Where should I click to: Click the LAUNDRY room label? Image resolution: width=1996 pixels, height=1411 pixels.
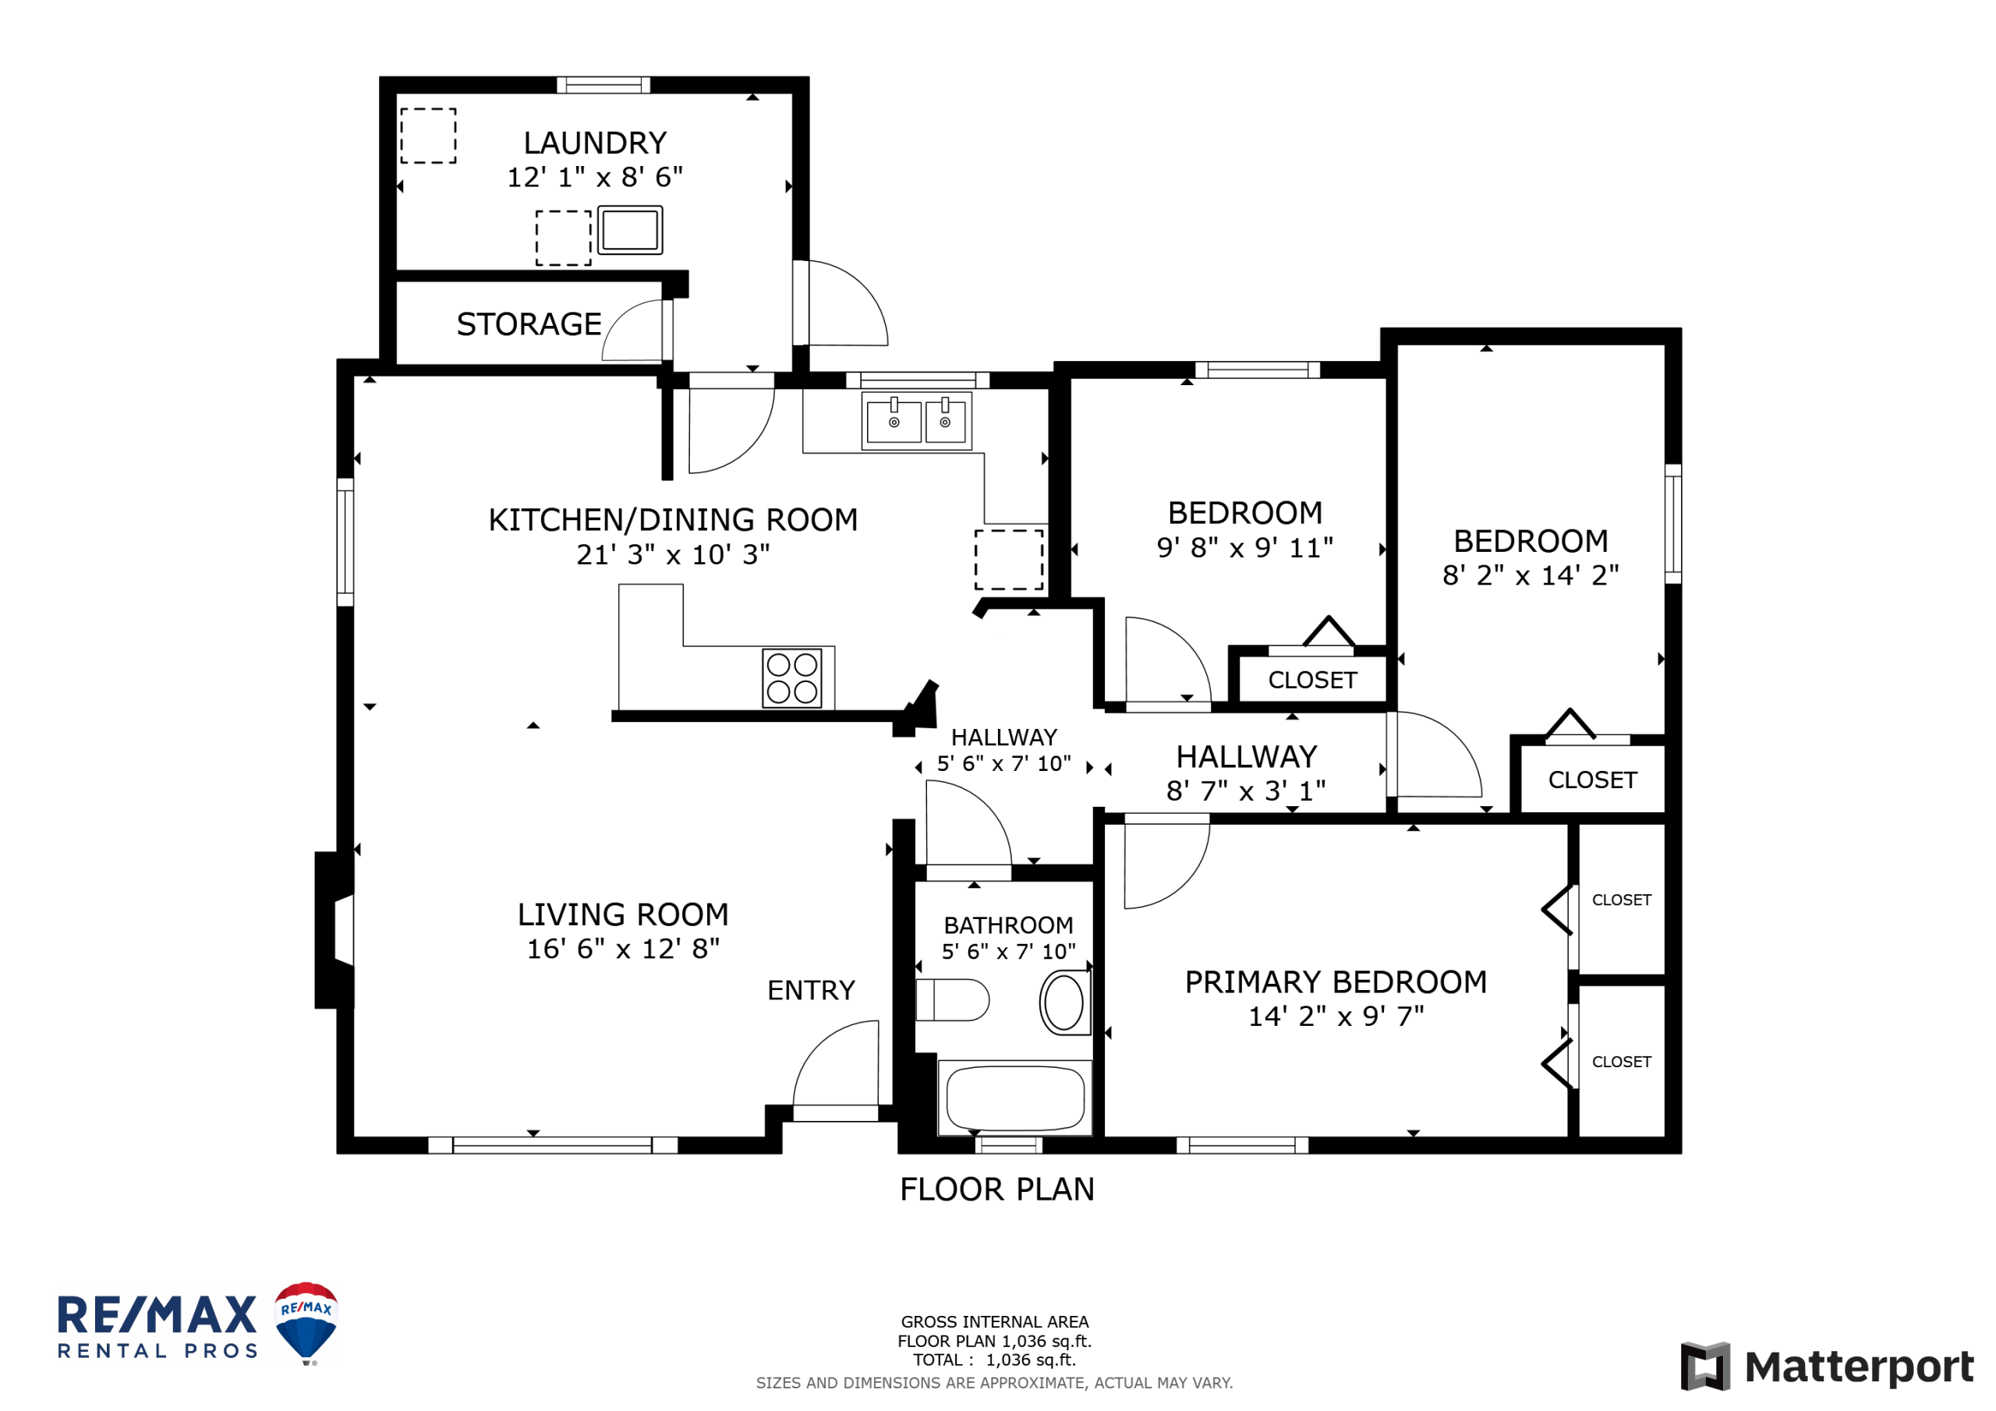[x=595, y=143]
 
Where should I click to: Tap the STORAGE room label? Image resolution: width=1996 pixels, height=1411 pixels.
[x=529, y=324]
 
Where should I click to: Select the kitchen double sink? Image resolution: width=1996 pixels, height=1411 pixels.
[x=916, y=421]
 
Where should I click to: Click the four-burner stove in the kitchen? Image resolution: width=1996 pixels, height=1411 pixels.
[x=792, y=678]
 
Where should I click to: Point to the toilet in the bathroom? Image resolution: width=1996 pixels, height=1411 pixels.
[x=952, y=1000]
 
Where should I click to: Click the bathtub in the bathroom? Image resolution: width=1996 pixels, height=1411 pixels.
[x=1014, y=1098]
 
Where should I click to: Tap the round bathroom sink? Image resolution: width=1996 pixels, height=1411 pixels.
[x=1065, y=1003]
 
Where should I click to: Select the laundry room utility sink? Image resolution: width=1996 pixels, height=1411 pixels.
[x=630, y=231]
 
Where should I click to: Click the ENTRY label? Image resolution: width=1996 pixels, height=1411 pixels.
[x=811, y=990]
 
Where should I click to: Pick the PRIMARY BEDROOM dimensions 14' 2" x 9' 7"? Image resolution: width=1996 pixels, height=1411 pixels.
[x=1336, y=1017]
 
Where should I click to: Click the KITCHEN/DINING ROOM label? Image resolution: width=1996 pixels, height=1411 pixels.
[x=673, y=520]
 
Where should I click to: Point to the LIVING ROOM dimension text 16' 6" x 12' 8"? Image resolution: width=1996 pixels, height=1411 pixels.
[x=623, y=949]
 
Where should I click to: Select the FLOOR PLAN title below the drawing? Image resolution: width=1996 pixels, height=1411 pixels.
[x=997, y=1190]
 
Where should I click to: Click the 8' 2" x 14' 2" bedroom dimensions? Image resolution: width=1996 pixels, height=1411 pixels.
[x=1531, y=575]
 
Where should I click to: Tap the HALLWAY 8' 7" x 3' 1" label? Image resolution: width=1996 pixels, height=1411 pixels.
[x=1247, y=773]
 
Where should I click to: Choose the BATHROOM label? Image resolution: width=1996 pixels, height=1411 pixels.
[x=1008, y=925]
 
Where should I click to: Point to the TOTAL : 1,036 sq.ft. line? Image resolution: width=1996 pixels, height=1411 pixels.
[x=995, y=1360]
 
